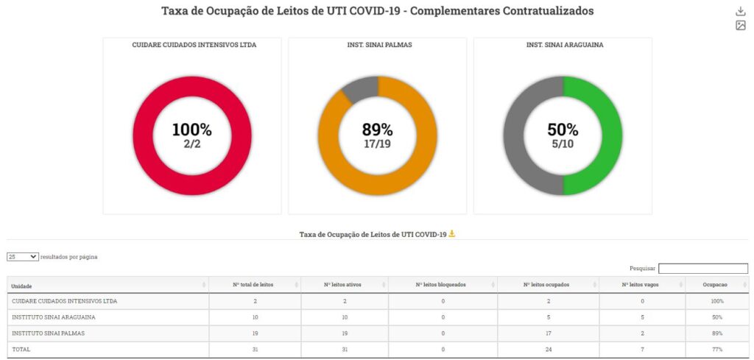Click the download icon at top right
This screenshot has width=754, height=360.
pyautogui.click(x=741, y=11)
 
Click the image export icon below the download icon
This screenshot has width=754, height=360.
pyautogui.click(x=741, y=26)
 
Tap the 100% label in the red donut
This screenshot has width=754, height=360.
pyautogui.click(x=191, y=130)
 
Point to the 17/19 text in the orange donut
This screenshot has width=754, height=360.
pyautogui.click(x=377, y=144)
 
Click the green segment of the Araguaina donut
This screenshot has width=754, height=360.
pyautogui.click(x=608, y=136)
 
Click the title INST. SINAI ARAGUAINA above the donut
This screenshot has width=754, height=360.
pyautogui.click(x=563, y=45)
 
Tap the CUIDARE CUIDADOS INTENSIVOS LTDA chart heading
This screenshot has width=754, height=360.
pyautogui.click(x=194, y=45)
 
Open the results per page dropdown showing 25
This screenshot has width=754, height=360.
pyautogui.click(x=23, y=257)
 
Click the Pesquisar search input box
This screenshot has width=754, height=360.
pyautogui.click(x=702, y=269)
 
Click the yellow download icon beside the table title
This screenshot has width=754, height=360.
pyautogui.click(x=452, y=234)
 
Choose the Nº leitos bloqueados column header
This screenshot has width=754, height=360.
pyautogui.click(x=440, y=285)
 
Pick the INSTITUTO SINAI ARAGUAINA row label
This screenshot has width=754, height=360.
pyautogui.click(x=54, y=317)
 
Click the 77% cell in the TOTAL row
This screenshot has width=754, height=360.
pyautogui.click(x=717, y=350)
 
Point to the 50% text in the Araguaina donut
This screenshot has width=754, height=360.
pyautogui.click(x=563, y=130)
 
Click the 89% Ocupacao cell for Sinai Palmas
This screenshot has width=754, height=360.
pyautogui.click(x=717, y=333)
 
